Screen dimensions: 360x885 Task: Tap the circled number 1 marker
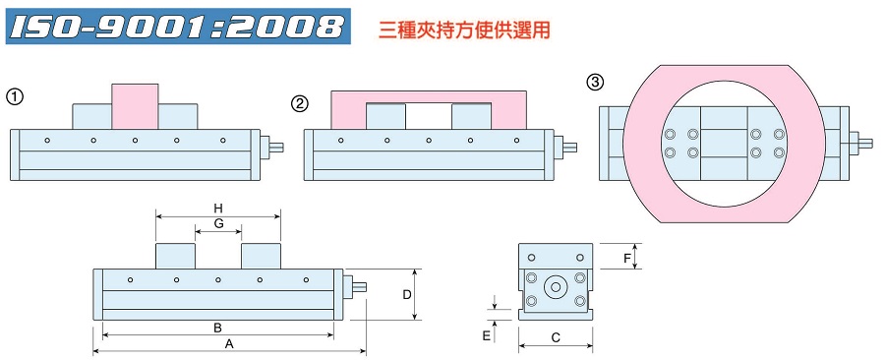(15, 96)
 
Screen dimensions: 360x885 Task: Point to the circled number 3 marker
(595, 83)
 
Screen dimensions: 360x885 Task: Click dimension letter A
(229, 344)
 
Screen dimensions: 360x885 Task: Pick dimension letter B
(217, 328)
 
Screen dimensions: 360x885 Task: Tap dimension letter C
(556, 338)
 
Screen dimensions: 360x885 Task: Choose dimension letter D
(406, 293)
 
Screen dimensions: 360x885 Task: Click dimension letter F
(627, 258)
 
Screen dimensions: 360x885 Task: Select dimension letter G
(219, 224)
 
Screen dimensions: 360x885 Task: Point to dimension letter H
(219, 207)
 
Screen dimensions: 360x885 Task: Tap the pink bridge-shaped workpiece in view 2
(429, 97)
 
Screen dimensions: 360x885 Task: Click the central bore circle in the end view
(556, 288)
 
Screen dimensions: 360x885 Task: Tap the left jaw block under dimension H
(176, 255)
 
